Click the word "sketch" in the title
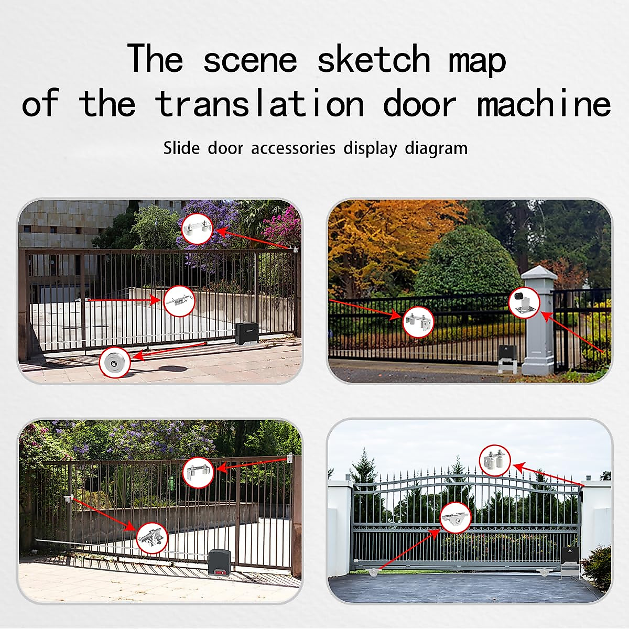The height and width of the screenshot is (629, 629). coord(374,59)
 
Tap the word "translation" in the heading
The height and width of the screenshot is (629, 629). coord(259,103)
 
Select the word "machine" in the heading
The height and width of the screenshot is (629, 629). coord(544,103)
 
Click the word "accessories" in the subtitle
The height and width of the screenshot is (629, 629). coord(293,148)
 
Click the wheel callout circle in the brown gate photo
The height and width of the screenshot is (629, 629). coord(114,362)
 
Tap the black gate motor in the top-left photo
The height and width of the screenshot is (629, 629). coord(244,333)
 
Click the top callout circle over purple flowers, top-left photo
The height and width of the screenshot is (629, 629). coord(197,229)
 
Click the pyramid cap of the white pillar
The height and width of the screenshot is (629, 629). coord(538,273)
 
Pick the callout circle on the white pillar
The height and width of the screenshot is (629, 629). coord(524,303)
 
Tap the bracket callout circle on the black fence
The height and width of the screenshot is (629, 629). coord(418,321)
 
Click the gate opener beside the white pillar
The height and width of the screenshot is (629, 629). coord(507,358)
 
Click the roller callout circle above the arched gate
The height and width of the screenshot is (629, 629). coord(495,460)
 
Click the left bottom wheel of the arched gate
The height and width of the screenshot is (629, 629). coord(373,573)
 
